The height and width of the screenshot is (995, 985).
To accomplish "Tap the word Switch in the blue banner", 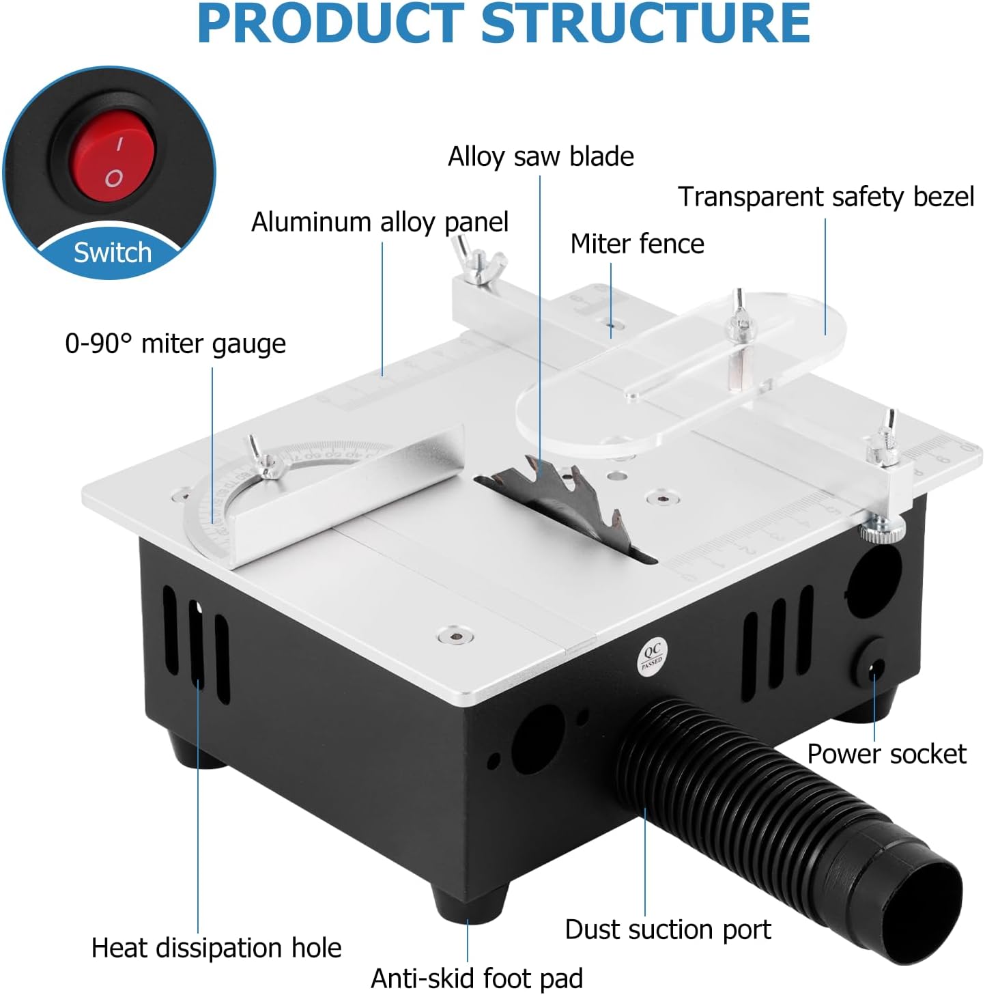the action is (113, 253).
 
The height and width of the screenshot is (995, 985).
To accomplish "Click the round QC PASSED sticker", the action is (652, 656).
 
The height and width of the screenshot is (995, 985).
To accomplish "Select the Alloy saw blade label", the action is (540, 156).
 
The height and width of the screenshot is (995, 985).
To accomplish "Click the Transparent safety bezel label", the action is (826, 197).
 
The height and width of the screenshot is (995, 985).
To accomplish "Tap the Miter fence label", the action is (637, 244).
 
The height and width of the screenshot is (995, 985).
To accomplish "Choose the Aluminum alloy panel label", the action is (380, 223).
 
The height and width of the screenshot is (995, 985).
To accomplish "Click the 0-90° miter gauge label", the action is (175, 344).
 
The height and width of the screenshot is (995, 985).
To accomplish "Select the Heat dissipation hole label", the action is (216, 948).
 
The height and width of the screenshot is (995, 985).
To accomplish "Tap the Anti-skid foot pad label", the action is (476, 977).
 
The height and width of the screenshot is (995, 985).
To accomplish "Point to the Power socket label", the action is (887, 755).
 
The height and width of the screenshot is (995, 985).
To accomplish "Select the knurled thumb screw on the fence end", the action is (882, 532).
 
